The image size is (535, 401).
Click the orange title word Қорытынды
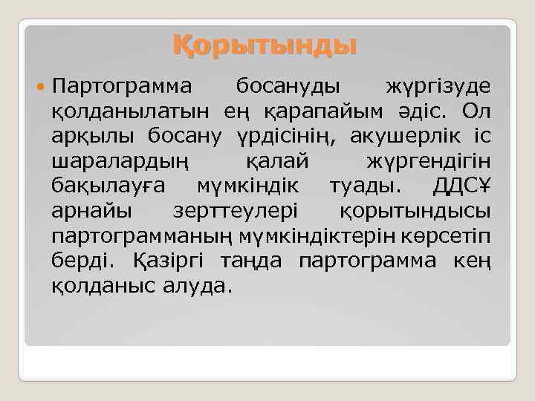(265, 45)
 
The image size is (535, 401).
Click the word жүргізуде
(438, 87)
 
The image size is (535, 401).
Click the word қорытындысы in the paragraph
(415, 211)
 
